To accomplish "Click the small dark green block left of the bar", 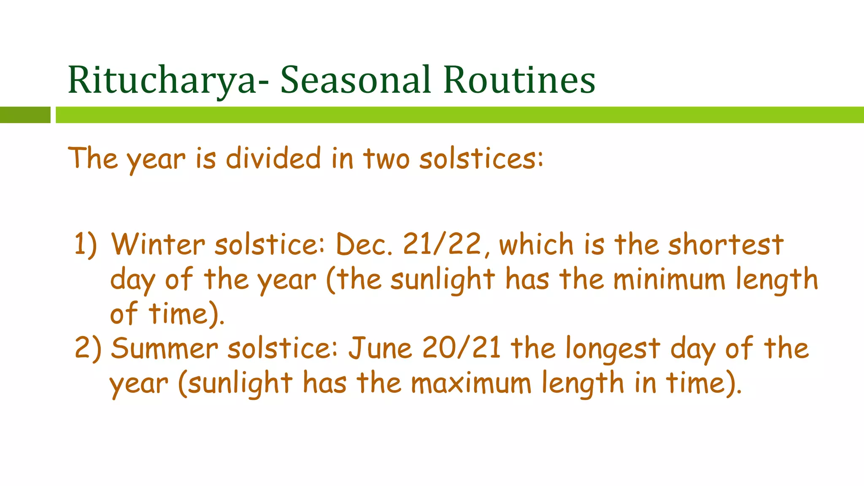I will pyautogui.click(x=25, y=115).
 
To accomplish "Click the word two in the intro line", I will pyautogui.click(x=386, y=159).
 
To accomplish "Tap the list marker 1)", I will pyautogui.click(x=86, y=244).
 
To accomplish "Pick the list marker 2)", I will pyautogui.click(x=88, y=348).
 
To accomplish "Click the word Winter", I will pyautogui.click(x=158, y=244).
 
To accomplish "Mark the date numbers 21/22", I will pyautogui.click(x=442, y=244).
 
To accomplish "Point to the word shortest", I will pyautogui.click(x=726, y=244).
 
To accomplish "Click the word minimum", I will pyautogui.click(x=669, y=279).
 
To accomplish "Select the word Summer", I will pyautogui.click(x=165, y=348).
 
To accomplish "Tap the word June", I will pyautogui.click(x=380, y=348).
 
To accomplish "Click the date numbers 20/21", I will pyautogui.click(x=462, y=348).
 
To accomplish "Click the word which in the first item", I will pyautogui.click(x=536, y=244).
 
